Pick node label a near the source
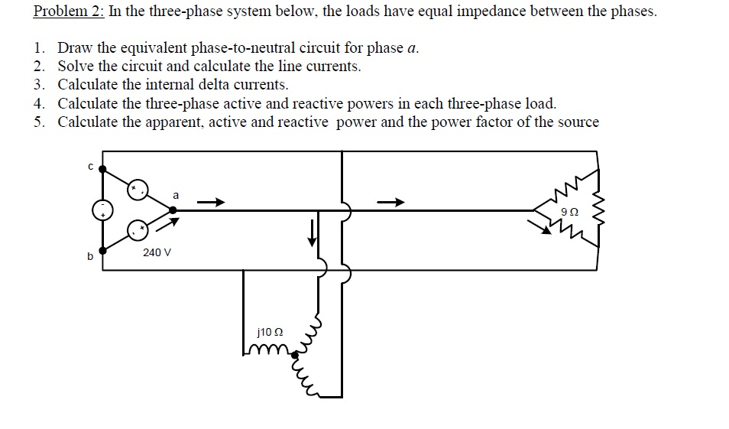point(177,196)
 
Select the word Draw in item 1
point(75,48)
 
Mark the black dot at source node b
point(103,250)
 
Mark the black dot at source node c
point(103,169)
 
